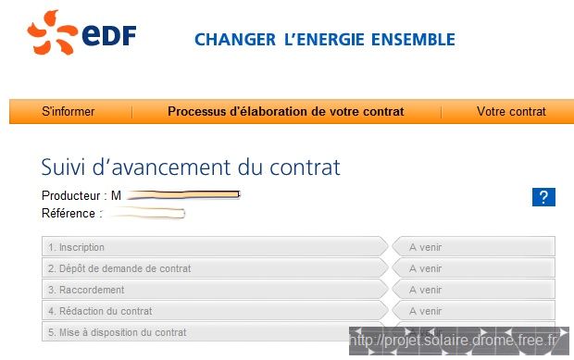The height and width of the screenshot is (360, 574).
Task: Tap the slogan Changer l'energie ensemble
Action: tap(324, 40)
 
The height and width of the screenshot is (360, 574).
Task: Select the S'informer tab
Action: tap(69, 112)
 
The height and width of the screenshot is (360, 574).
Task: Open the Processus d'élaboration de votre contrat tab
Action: tap(285, 112)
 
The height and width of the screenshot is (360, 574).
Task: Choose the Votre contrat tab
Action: tap(511, 112)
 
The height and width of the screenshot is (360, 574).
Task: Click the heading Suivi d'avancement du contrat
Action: tap(191, 168)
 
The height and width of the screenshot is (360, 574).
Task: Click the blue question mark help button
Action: tap(543, 196)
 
